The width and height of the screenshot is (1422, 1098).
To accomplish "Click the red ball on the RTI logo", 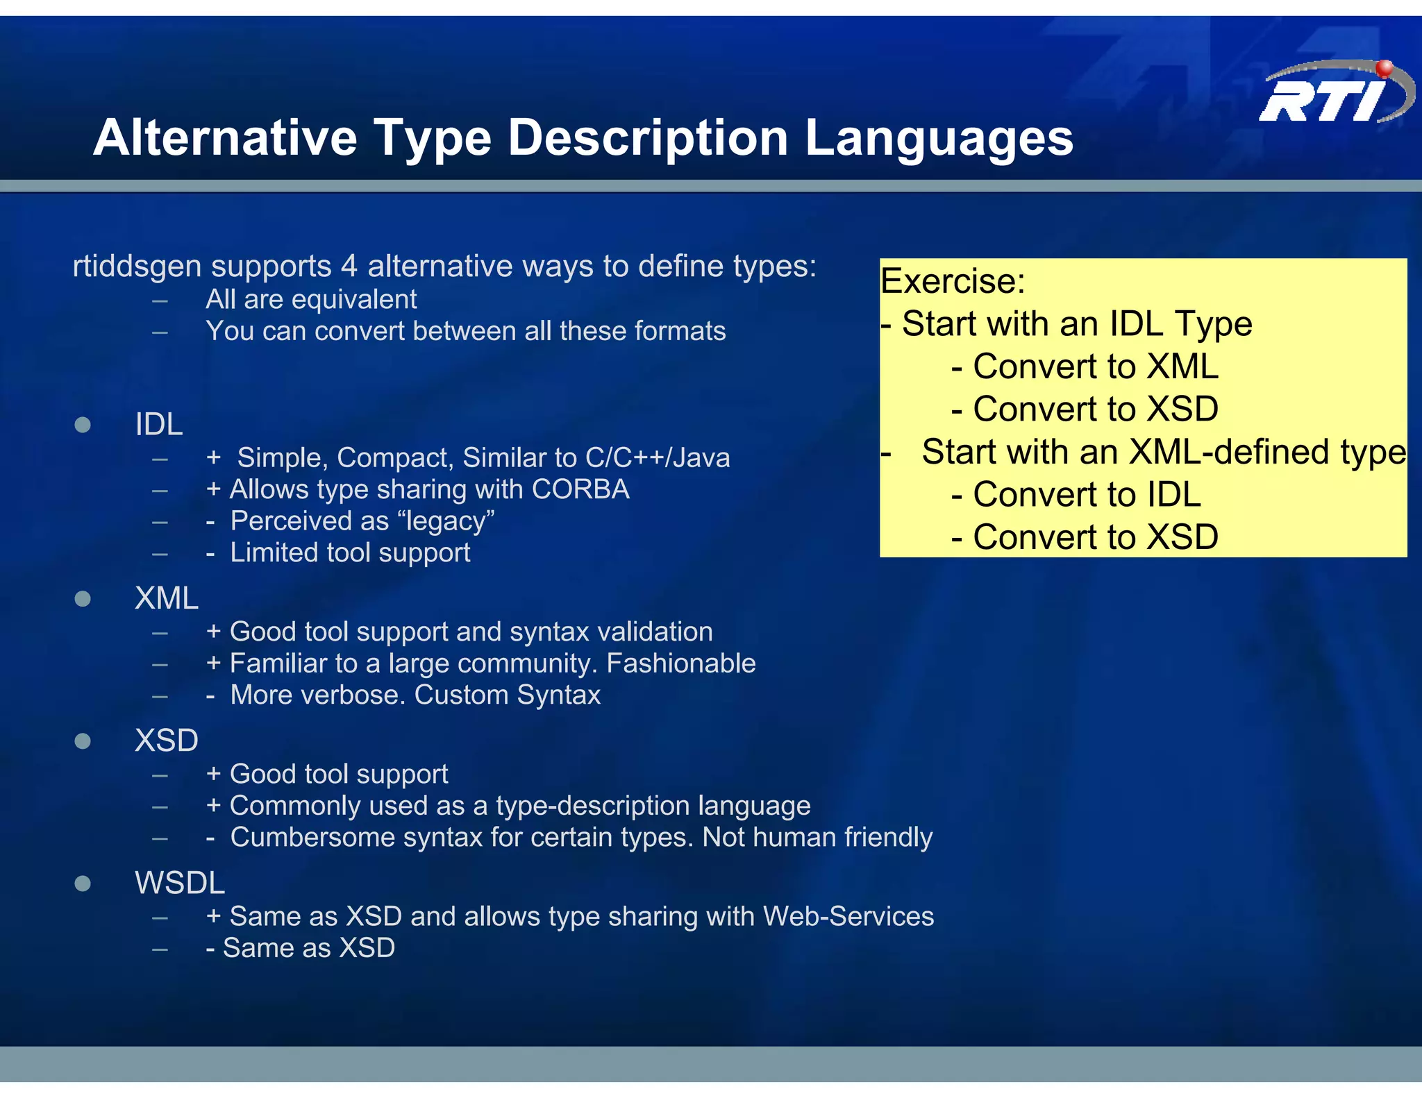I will (1384, 68).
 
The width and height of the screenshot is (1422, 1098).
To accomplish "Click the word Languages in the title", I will (939, 137).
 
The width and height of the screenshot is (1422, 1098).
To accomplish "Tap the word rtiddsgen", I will (137, 267).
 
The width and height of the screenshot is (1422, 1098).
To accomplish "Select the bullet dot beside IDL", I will (83, 425).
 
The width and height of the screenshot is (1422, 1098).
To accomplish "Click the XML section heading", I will (167, 598).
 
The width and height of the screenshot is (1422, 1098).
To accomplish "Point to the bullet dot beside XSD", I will (83, 741).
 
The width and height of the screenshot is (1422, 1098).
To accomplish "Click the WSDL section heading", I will (180, 884).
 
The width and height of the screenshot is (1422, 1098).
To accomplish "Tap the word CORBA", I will (580, 489).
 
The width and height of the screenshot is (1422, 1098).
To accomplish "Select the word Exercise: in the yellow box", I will (953, 281).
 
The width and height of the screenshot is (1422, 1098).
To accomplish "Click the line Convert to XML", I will (1085, 366).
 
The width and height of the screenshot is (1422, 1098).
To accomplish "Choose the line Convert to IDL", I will (1076, 495).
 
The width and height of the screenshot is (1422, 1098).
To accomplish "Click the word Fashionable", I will (680, 664).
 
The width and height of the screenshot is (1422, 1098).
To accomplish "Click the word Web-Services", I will (848, 917).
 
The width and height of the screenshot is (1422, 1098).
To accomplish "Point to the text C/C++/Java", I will (657, 458).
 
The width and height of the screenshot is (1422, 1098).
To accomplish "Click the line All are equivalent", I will (311, 300).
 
